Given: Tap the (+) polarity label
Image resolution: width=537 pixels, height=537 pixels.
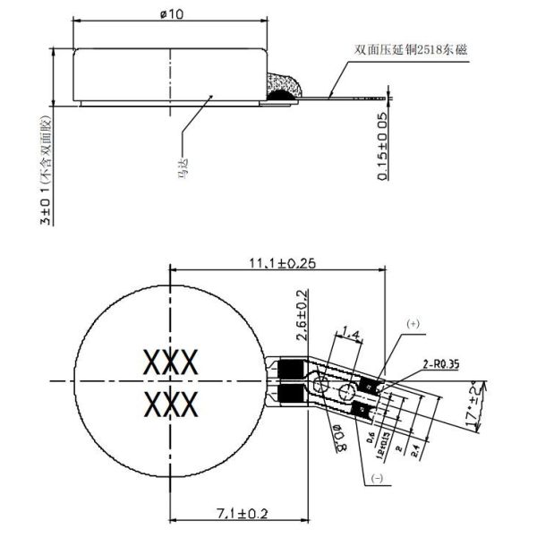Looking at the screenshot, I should tap(413, 322).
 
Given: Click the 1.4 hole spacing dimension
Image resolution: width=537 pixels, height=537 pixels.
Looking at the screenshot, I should tap(351, 335).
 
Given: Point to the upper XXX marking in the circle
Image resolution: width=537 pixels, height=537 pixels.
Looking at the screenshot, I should tap(170, 362).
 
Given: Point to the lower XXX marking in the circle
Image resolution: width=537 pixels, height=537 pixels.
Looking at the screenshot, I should tap(170, 404).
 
